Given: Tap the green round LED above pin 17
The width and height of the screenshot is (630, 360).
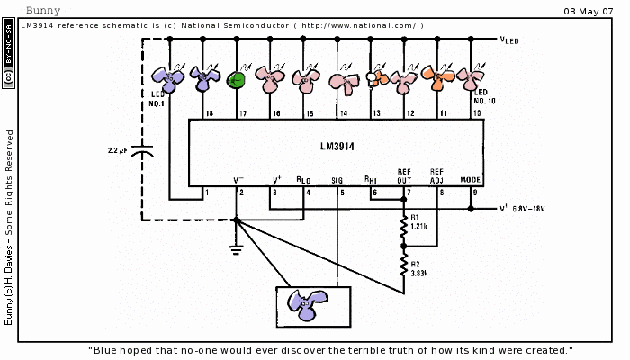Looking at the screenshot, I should tap(237, 80).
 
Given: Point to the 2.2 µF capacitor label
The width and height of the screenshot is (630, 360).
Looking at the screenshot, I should tap(121, 149).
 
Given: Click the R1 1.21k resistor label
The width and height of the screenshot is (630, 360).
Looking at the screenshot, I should tap(418, 220).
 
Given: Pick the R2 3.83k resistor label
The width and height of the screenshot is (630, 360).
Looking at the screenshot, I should tap(418, 268).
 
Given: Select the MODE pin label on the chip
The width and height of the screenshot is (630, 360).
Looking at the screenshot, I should tap(471, 180).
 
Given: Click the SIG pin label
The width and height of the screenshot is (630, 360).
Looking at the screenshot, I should tap(337, 180).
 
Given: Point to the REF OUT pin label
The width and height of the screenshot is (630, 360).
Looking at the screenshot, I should tap(404, 175).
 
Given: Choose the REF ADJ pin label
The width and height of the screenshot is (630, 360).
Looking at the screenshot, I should tap(437, 175).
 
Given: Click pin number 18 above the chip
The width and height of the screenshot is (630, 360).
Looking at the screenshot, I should tap(209, 114).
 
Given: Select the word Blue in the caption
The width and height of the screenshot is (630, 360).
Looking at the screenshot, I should tap(107, 350).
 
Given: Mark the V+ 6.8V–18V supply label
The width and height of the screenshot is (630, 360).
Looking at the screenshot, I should tap(522, 209).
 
